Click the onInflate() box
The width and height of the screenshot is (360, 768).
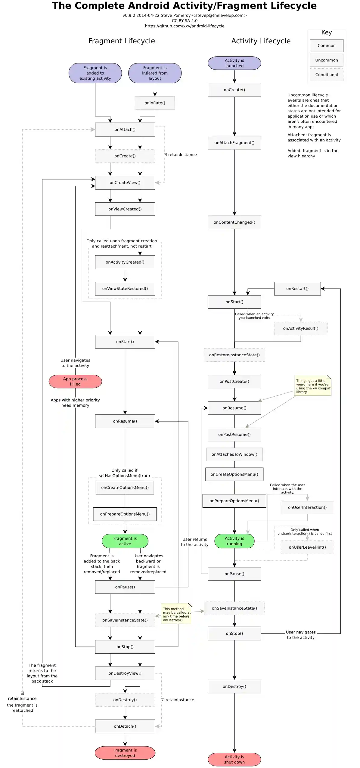click(155, 103)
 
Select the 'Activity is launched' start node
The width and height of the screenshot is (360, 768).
click(234, 63)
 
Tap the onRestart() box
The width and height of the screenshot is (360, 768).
click(297, 289)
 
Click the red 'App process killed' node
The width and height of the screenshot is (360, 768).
click(75, 381)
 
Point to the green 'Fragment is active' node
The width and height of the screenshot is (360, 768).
click(125, 541)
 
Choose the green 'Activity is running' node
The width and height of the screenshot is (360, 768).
click(234, 541)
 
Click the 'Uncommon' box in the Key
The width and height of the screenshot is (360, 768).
click(326, 60)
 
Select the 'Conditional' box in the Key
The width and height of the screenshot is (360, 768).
click(326, 75)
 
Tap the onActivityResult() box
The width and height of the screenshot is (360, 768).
click(300, 328)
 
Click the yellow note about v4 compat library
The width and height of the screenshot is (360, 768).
click(312, 386)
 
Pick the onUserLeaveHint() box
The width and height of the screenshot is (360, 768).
click(307, 547)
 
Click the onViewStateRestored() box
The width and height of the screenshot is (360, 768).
click(125, 289)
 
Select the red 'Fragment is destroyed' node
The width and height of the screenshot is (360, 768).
click(125, 753)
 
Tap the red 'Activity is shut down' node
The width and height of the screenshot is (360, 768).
click(234, 759)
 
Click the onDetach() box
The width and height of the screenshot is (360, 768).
click(125, 726)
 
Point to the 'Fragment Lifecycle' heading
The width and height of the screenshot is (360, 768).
click(122, 41)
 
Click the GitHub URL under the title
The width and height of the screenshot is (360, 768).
click(185, 26)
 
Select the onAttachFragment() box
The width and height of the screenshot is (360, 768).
click(234, 143)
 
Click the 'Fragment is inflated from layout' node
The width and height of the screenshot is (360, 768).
click(155, 73)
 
